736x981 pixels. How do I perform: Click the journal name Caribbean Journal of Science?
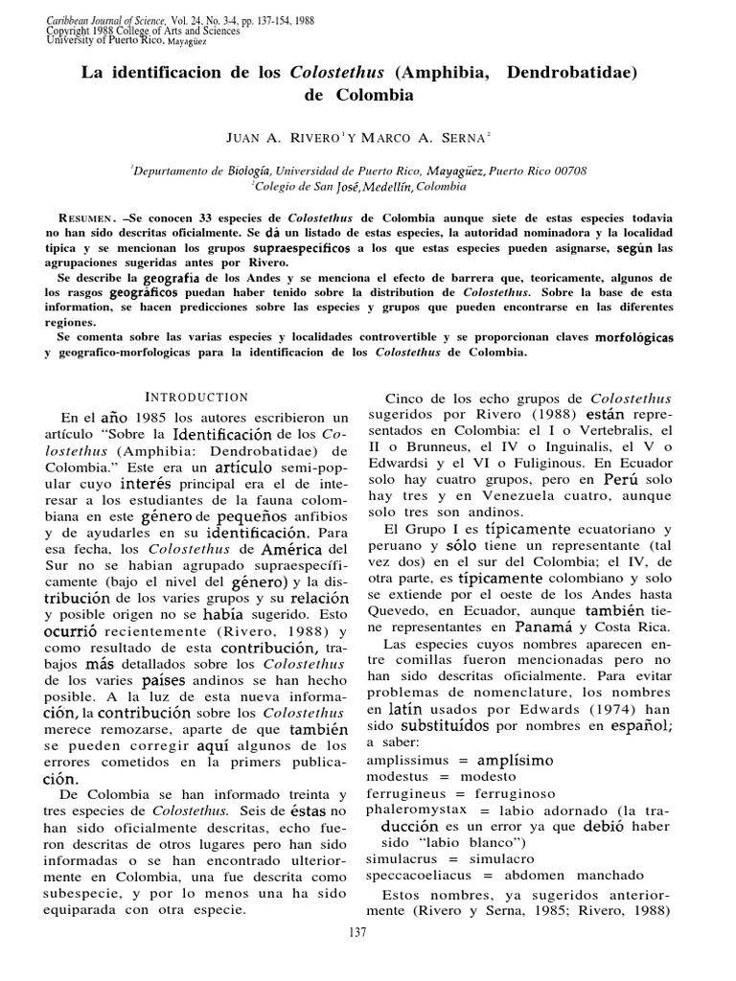tap(86, 19)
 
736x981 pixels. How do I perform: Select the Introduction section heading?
tap(196, 397)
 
